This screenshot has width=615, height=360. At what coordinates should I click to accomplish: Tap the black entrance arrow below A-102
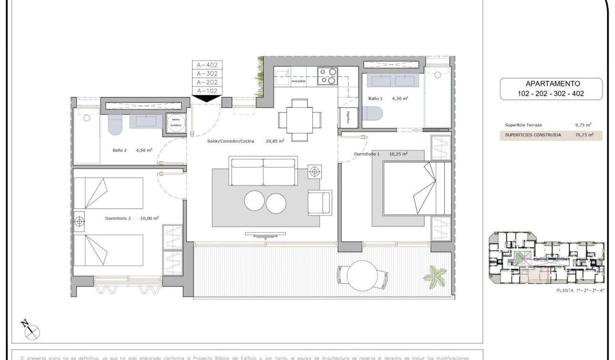[207, 98]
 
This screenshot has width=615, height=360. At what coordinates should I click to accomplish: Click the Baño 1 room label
[376, 99]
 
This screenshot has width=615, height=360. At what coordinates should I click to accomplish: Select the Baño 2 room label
[120, 150]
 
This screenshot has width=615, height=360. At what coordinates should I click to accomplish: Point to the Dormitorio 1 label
[367, 154]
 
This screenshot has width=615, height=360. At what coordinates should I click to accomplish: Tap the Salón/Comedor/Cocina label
[231, 141]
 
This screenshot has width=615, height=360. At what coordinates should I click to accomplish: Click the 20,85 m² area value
[275, 141]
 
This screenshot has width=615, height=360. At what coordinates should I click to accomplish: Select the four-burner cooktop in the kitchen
[328, 76]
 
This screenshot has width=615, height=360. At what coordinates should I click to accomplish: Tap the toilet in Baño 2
[115, 124]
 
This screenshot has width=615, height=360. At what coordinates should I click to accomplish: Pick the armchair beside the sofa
[319, 202]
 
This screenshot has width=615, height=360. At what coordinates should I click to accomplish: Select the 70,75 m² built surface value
[584, 135]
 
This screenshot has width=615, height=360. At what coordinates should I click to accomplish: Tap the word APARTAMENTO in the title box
[551, 83]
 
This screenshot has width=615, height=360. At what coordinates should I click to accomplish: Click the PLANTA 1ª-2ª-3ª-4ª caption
[580, 290]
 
